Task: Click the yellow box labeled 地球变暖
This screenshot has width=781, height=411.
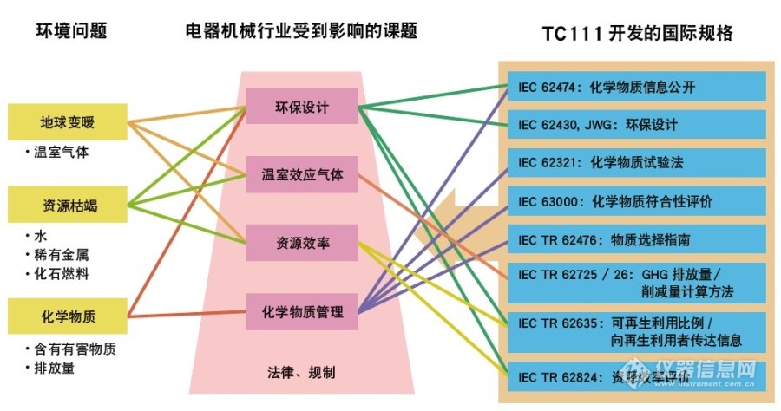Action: [68, 122]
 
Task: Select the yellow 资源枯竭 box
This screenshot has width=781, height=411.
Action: [68, 205]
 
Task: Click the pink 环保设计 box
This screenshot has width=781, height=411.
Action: [301, 106]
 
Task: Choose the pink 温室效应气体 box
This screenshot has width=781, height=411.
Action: [301, 174]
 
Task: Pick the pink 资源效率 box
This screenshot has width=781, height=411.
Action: [301, 242]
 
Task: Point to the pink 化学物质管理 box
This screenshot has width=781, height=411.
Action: [301, 310]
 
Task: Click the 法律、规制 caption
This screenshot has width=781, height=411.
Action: [300, 372]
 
